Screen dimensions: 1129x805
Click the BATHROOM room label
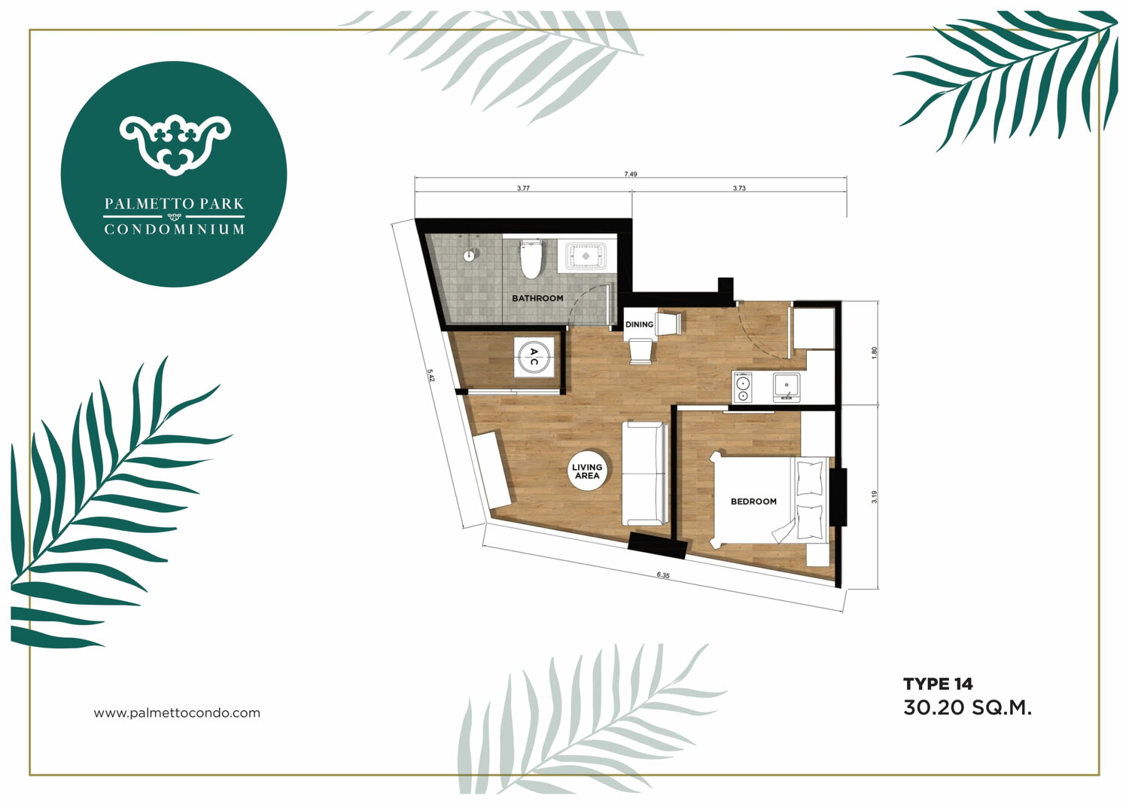coord(537,298)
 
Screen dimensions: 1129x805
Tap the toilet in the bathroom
coord(530,259)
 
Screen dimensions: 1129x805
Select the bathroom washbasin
coord(586,256)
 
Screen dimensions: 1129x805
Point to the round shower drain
coord(469,256)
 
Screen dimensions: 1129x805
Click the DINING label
coord(639,325)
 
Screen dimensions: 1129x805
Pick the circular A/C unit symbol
coord(534,357)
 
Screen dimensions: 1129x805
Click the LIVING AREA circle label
coord(587,471)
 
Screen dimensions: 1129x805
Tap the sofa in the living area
coord(644,474)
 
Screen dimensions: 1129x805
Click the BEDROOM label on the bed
coord(753,502)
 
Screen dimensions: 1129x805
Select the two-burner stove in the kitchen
coord(742,387)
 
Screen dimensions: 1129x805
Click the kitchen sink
coord(787,387)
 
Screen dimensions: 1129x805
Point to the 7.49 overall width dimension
coord(631,174)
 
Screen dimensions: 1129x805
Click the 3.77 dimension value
coord(523,188)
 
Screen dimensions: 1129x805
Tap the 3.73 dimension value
coord(739,188)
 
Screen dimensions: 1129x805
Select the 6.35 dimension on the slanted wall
coord(663,575)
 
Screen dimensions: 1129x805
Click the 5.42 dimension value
coord(431,376)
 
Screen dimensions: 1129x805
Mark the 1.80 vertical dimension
coord(875,353)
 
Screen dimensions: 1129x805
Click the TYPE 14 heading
coord(938,684)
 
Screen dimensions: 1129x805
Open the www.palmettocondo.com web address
coord(177,713)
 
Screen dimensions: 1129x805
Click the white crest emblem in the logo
coord(175,145)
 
